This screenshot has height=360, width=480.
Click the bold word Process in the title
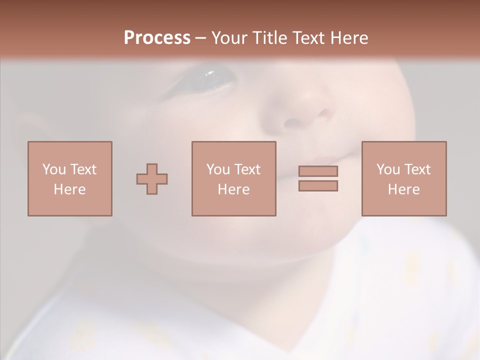157,38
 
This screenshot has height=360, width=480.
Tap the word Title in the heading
269,38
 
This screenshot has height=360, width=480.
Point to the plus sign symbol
152,178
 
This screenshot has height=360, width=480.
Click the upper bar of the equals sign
318,171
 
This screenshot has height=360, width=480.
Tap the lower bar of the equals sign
318,185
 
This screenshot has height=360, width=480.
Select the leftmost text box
69,178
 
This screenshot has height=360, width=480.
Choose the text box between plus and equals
233,178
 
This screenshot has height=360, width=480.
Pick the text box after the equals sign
403,178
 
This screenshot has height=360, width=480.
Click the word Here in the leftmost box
69,189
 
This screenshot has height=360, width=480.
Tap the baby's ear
30,130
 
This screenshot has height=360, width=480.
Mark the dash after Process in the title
200,38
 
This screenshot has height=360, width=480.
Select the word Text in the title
305,38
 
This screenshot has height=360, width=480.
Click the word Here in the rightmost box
403,189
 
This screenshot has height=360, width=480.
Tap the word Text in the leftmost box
82,169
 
